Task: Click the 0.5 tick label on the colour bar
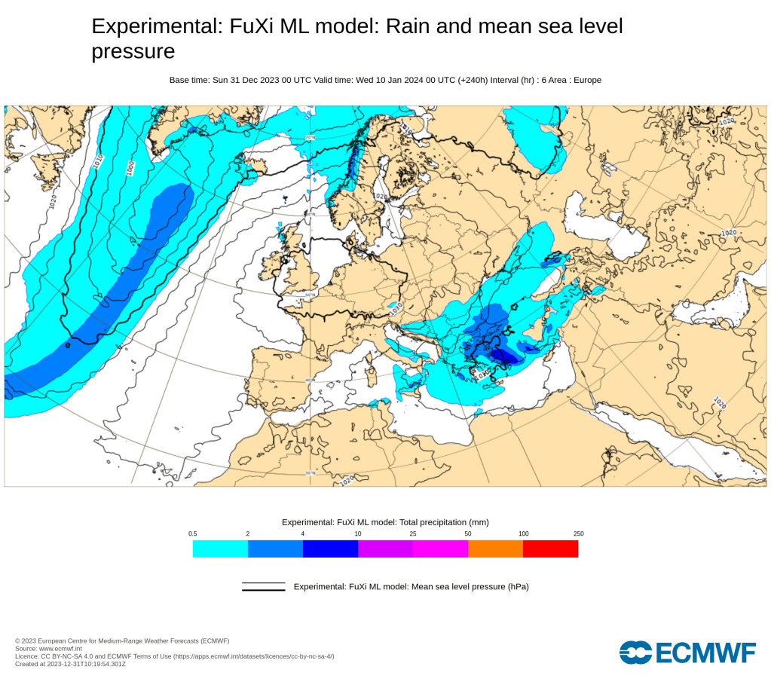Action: click(193, 533)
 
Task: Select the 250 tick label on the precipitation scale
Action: click(578, 533)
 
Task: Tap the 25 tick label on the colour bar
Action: click(413, 533)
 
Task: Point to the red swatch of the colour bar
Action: click(550, 549)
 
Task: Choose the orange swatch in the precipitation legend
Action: click(495, 549)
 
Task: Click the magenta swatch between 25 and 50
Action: click(440, 549)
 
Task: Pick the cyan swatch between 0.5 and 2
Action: click(220, 549)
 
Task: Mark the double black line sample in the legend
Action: click(263, 586)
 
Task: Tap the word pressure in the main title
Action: click(133, 51)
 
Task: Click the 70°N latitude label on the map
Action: click(310, 137)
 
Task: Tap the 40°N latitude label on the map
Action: click(310, 381)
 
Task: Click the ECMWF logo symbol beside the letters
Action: click(635, 653)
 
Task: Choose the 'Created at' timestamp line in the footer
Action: click(70, 664)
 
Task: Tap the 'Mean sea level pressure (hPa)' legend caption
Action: click(411, 586)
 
